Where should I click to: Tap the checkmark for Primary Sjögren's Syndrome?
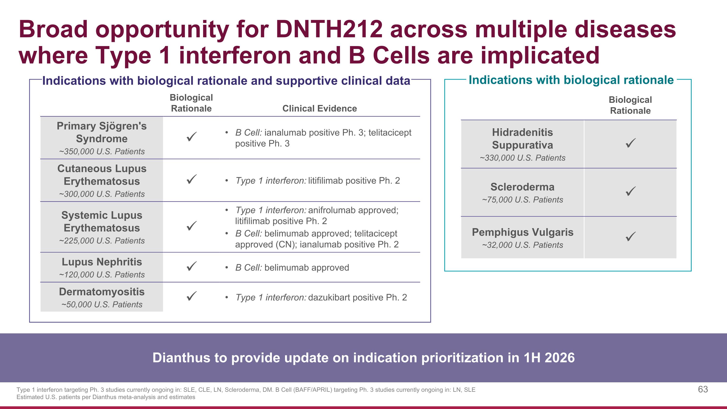192,137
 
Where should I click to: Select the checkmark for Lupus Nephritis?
192,266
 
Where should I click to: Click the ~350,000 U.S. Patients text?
102,152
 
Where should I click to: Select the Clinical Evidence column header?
319,108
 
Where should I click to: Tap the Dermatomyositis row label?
102,292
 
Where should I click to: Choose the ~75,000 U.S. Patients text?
522,200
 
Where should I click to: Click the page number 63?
703,390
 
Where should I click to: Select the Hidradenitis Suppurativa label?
522,139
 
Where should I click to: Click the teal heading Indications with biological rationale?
571,80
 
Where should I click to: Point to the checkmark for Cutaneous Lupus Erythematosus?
192,179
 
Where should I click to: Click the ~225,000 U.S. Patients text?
102,241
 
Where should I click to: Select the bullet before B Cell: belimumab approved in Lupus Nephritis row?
227,268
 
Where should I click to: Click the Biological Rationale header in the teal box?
630,105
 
